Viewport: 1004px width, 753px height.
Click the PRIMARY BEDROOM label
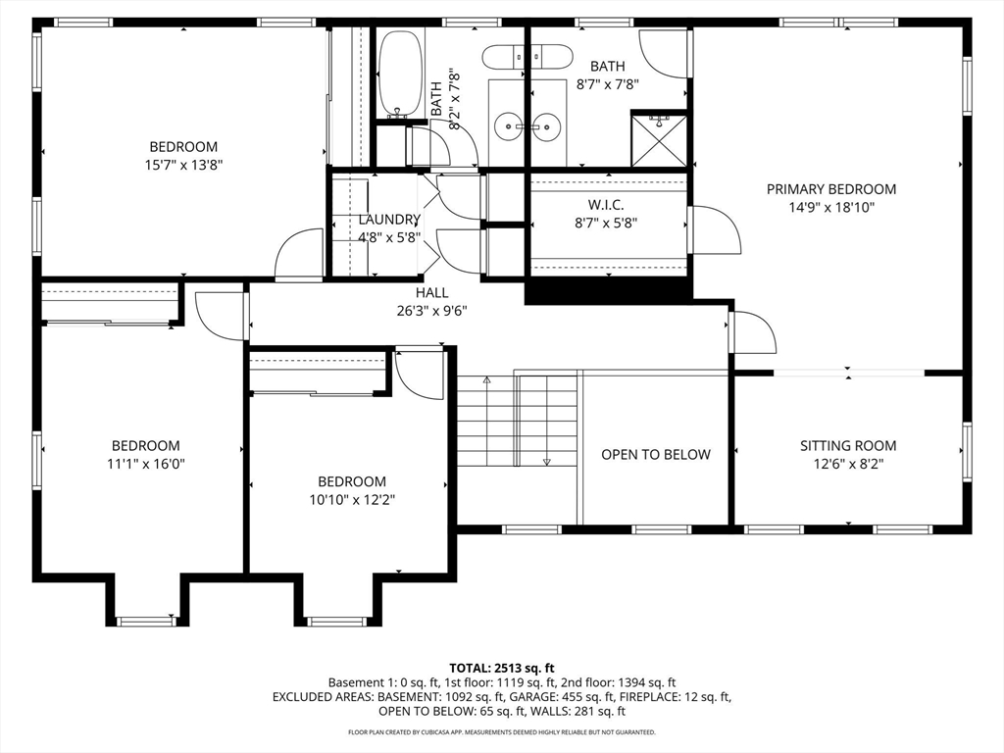(830, 189)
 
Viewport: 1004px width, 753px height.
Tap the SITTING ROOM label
(847, 446)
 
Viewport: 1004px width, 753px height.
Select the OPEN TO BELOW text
(655, 454)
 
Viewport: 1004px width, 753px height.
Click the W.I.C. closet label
(606, 204)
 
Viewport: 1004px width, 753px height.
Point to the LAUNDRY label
(388, 220)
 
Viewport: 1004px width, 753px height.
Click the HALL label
(431, 292)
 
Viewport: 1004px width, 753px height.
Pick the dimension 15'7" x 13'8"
(183, 166)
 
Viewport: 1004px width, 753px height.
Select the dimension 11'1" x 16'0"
(145, 464)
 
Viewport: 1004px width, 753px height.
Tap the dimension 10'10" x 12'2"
(351, 500)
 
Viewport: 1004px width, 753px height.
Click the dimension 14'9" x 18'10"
(830, 208)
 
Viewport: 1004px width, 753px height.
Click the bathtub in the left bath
(398, 75)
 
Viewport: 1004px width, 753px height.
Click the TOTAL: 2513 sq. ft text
(502, 666)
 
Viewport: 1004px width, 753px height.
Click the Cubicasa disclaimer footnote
(502, 732)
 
